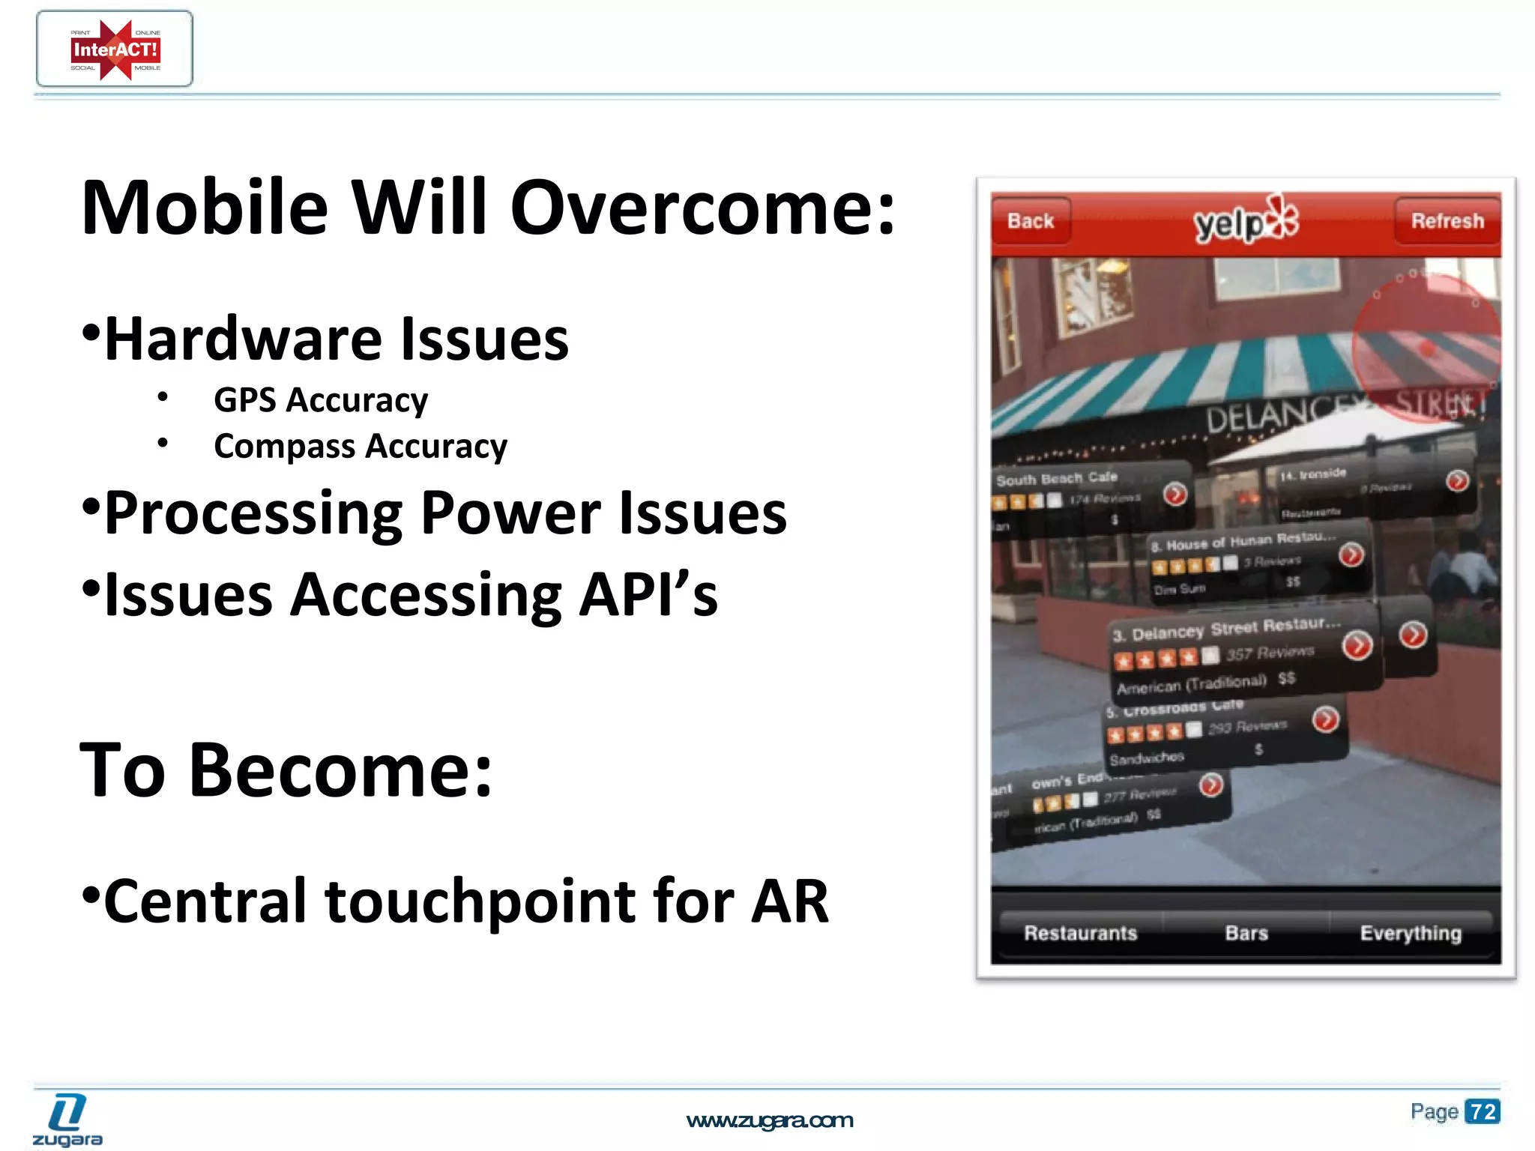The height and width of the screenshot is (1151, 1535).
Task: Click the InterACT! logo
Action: pos(115,49)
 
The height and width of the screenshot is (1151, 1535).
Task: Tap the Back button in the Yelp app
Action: pos(1031,221)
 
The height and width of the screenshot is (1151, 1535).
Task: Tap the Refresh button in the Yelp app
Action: pos(1447,221)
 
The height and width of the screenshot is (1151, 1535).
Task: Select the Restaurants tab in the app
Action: pos(1080,933)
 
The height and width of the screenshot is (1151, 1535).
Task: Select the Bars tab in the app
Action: pos(1246,933)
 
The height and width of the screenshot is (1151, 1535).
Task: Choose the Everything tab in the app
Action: pos(1411,933)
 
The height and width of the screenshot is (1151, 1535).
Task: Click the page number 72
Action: pos(1483,1111)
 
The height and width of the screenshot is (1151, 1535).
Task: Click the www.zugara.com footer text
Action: pos(769,1120)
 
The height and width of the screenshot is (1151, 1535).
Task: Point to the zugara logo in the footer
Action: pos(67,1120)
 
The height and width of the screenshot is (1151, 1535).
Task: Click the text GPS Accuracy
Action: pos(321,400)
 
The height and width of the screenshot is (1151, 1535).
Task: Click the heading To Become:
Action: pos(286,770)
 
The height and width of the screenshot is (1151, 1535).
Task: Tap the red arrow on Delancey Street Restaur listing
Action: pos(1357,645)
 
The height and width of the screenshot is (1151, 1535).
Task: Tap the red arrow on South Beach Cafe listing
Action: pos(1174,494)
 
